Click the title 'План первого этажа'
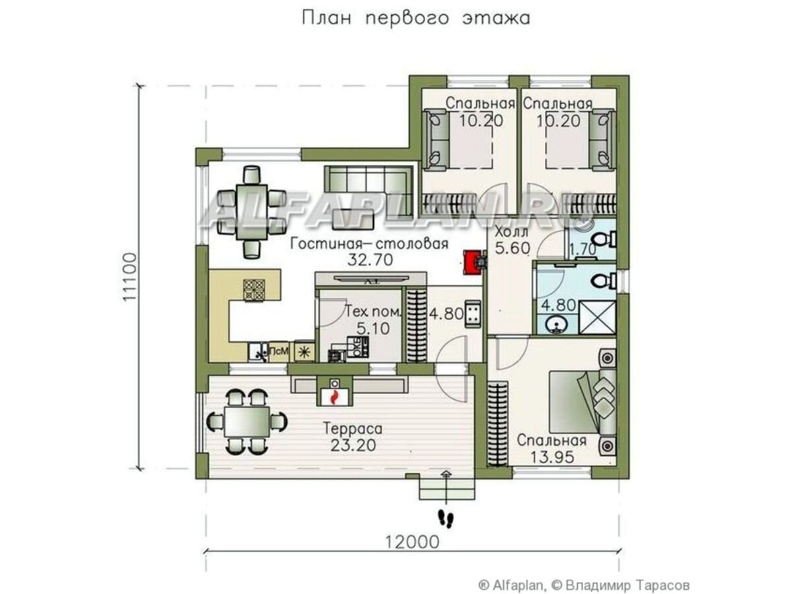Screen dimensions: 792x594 pyautogui.click(x=416, y=19)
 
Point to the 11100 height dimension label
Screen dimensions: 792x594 pyautogui.click(x=129, y=277)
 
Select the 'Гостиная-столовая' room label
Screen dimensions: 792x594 pyautogui.click(x=369, y=244)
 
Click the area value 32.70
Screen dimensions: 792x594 pyautogui.click(x=370, y=260)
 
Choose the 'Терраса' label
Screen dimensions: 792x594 pyautogui.click(x=352, y=429)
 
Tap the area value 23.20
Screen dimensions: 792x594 pyautogui.click(x=353, y=445)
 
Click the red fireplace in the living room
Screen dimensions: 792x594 pyautogui.click(x=473, y=262)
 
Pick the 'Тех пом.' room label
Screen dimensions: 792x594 pyautogui.click(x=373, y=311)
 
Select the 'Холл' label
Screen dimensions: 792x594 pyautogui.click(x=511, y=231)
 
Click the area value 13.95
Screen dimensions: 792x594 pyautogui.click(x=552, y=457)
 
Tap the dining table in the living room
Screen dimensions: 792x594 pyautogui.click(x=251, y=212)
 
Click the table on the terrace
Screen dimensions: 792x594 pyautogui.click(x=247, y=421)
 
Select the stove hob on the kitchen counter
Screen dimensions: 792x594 pyautogui.click(x=254, y=290)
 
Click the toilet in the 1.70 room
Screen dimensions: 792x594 pyautogui.click(x=605, y=239)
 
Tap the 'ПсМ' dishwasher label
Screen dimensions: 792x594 pyautogui.click(x=279, y=351)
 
